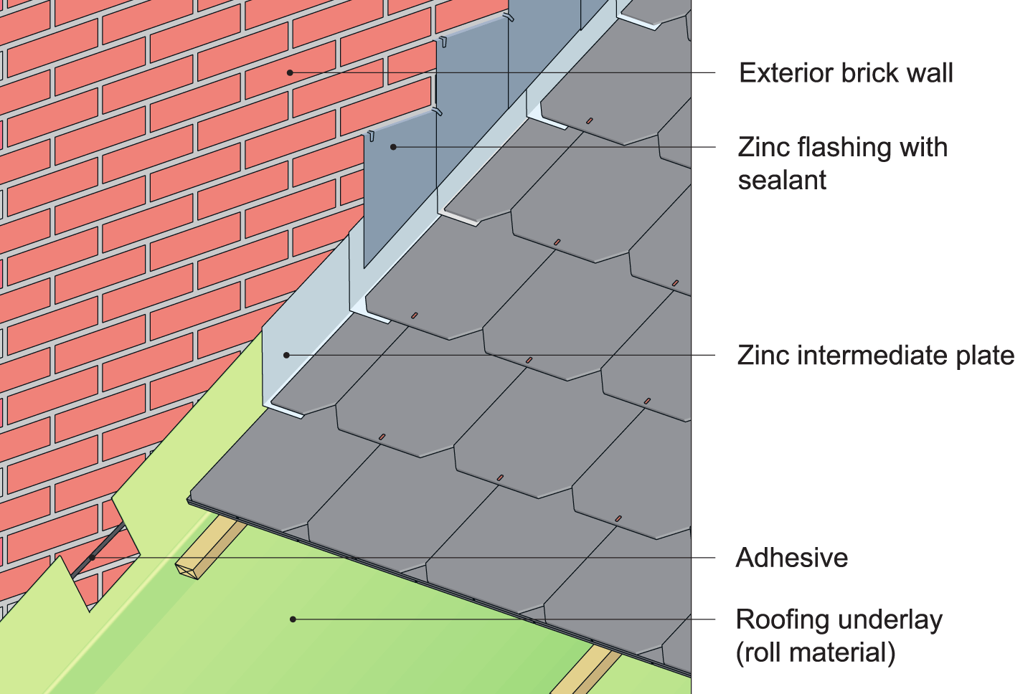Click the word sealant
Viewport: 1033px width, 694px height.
point(782,180)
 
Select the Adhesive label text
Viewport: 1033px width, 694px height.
point(792,558)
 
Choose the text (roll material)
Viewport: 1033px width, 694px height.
point(816,652)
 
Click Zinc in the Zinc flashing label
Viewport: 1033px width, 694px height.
point(764,148)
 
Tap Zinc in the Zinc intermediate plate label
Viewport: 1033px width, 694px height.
point(763,356)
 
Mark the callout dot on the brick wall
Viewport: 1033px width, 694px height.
point(290,72)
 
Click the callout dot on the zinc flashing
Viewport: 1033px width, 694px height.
point(393,147)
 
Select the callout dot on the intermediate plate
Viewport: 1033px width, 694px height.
point(286,355)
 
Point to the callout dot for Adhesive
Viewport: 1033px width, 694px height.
point(92,558)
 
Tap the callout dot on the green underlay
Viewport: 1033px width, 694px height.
point(293,619)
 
